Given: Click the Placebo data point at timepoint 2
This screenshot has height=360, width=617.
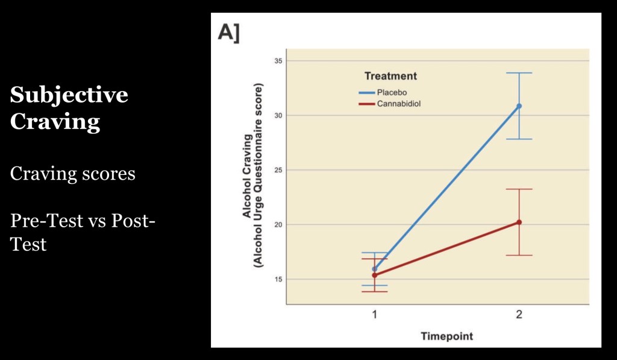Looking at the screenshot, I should [519, 106].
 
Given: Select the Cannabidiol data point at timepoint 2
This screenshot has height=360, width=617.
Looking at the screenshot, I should [519, 223].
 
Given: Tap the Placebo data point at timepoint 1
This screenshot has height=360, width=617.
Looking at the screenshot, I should [374, 269].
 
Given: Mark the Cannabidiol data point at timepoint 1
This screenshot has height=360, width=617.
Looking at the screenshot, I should [374, 275].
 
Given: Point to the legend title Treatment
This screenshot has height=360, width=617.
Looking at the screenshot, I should [390, 77].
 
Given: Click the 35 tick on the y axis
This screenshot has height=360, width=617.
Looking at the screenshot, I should [278, 61].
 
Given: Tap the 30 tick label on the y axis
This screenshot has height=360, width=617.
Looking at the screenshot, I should [278, 115].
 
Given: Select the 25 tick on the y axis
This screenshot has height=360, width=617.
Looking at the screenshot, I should [278, 170].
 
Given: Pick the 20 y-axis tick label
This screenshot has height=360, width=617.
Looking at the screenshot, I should [278, 224].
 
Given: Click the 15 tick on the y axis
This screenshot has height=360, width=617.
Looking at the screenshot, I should [278, 279].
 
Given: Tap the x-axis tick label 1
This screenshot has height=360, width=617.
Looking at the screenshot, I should [374, 314].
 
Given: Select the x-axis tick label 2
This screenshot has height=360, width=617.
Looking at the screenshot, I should [519, 314].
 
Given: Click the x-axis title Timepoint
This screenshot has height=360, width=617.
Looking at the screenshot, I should [446, 336].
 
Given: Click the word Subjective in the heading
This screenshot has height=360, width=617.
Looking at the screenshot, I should [69, 95].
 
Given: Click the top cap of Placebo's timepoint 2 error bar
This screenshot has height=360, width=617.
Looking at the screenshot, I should [519, 73].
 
